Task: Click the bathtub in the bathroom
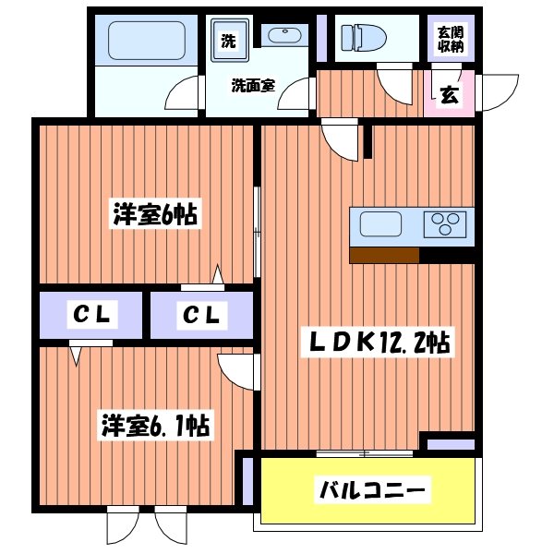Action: (x=148, y=42)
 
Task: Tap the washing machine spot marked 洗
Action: (x=227, y=41)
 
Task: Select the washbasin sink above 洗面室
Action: (x=283, y=37)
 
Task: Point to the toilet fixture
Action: (x=359, y=38)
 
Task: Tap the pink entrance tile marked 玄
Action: (x=449, y=94)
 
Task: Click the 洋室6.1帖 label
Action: (x=154, y=427)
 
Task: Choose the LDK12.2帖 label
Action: (x=379, y=343)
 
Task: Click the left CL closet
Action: (x=91, y=316)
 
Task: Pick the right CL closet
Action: (x=201, y=316)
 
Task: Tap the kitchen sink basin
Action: (x=380, y=224)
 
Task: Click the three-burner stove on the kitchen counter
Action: (x=444, y=224)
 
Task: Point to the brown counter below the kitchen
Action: (x=384, y=255)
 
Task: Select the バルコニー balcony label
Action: (x=372, y=488)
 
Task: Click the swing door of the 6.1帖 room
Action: (x=235, y=371)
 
